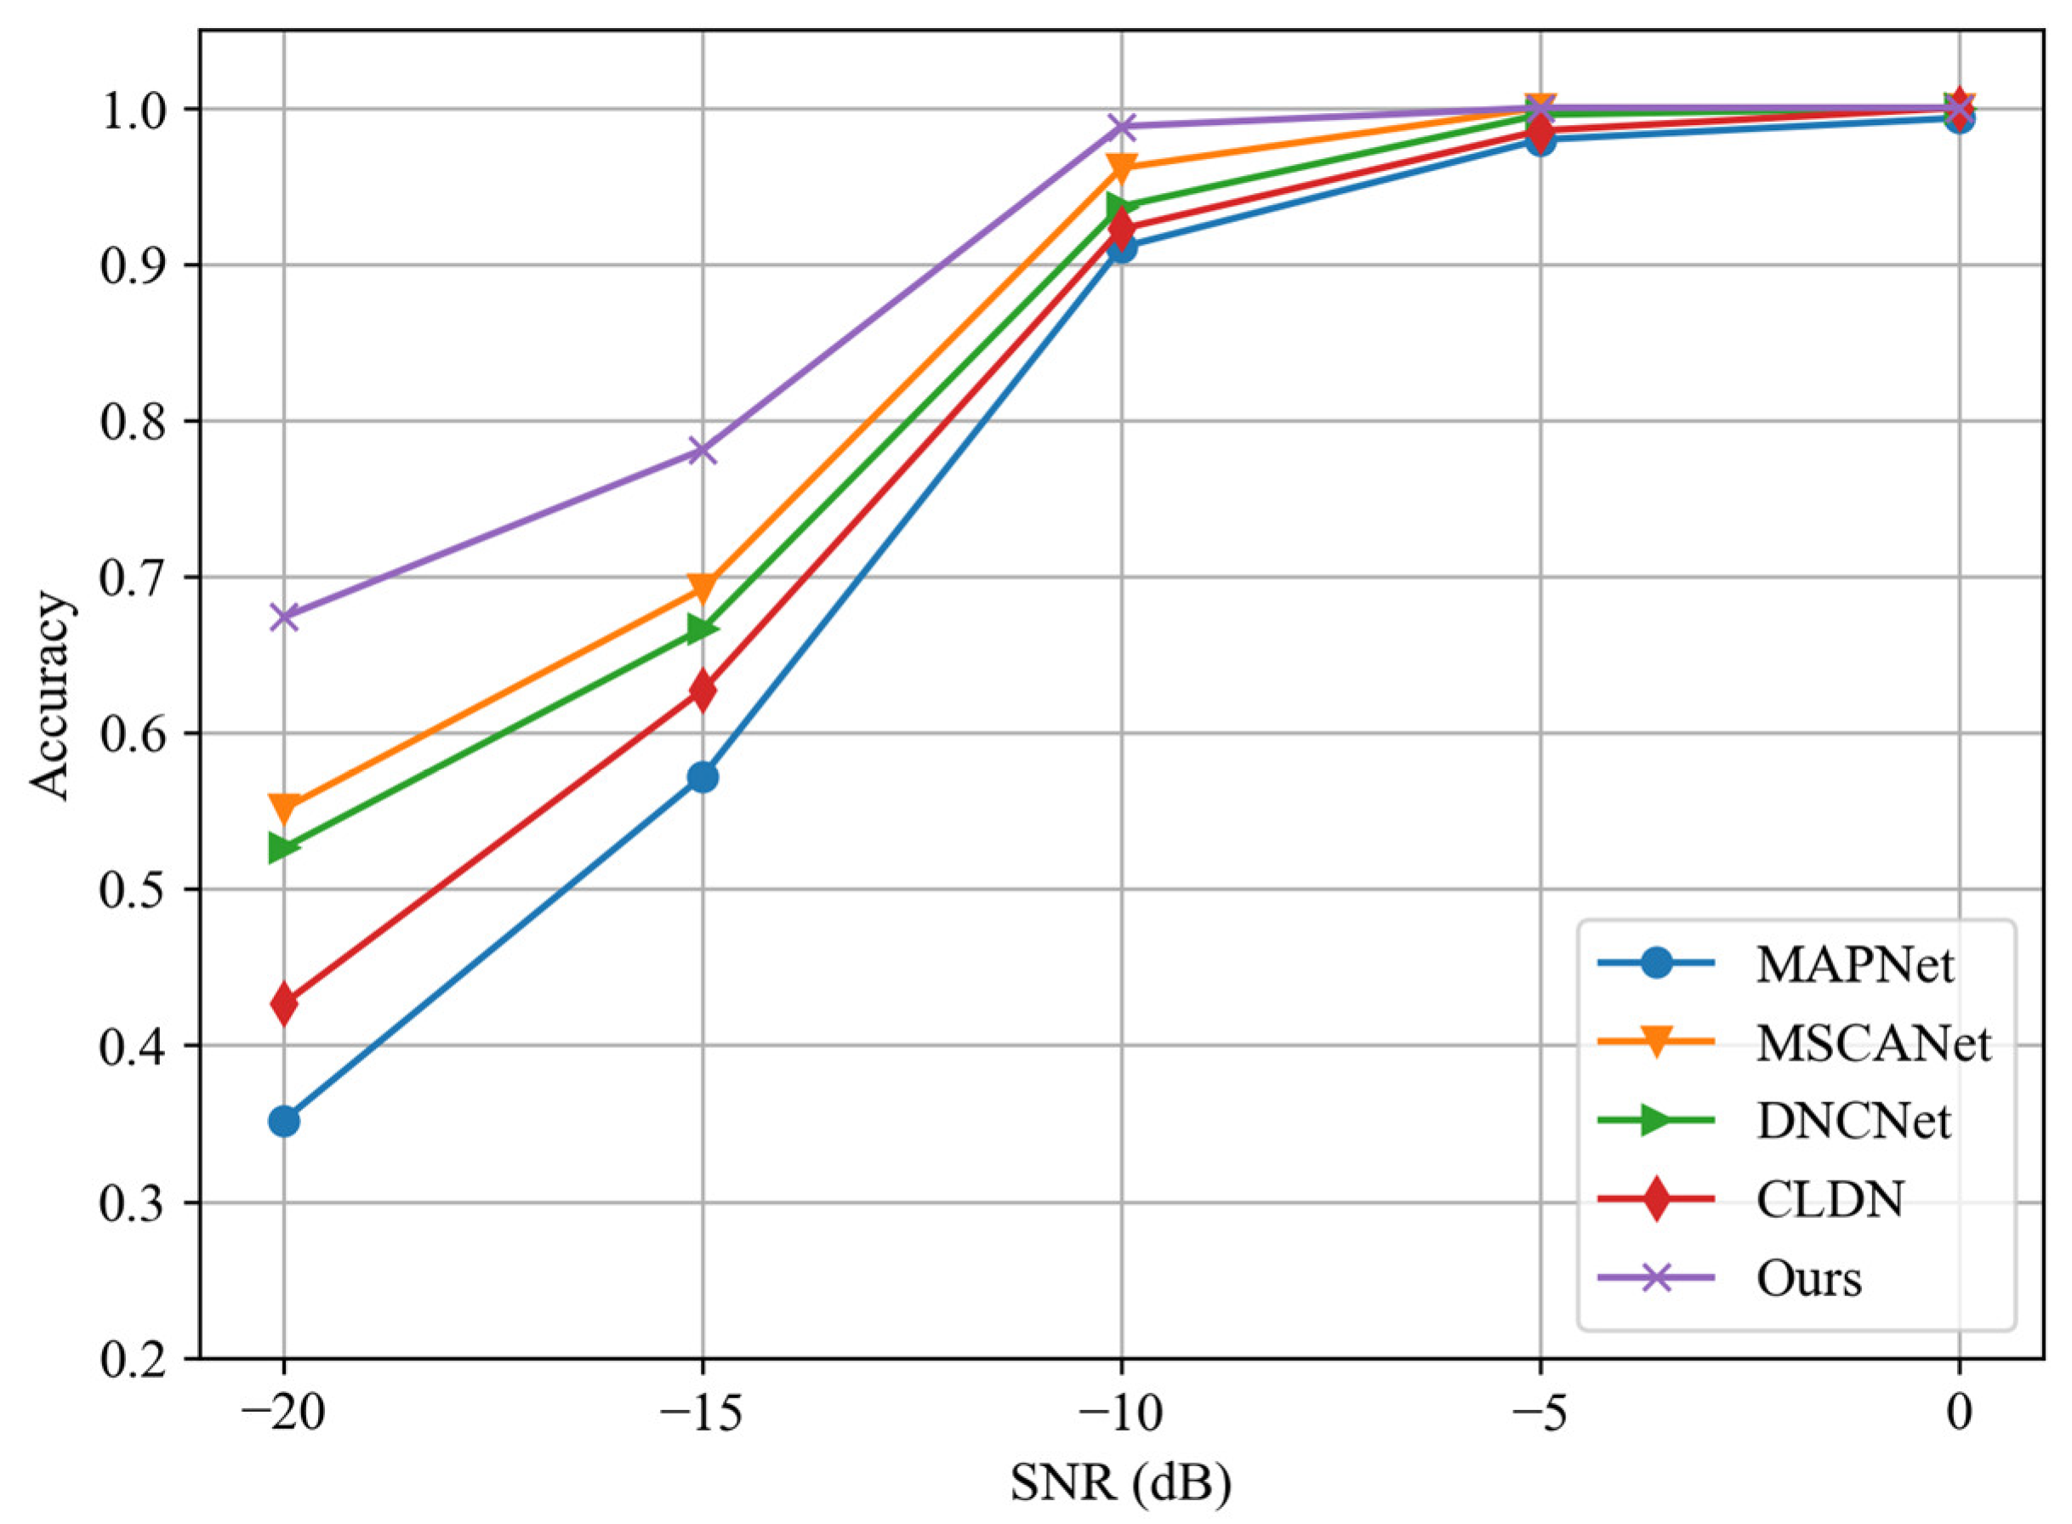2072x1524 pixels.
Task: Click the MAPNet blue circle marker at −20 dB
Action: coord(284,1122)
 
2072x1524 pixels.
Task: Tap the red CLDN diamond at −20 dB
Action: coord(284,1004)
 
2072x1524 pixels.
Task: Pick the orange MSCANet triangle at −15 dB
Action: coord(702,586)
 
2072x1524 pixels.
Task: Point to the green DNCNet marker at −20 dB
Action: coord(284,847)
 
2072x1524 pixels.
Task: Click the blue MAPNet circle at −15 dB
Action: coord(702,777)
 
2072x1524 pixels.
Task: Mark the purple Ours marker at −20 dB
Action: coord(284,617)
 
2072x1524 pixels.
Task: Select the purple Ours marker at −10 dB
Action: coord(1122,126)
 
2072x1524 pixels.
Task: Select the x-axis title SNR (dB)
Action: coord(1121,1484)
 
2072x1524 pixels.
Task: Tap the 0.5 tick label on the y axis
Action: coord(134,890)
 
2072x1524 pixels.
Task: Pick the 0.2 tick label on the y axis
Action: coord(134,1359)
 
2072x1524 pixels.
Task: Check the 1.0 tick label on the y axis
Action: coord(134,110)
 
